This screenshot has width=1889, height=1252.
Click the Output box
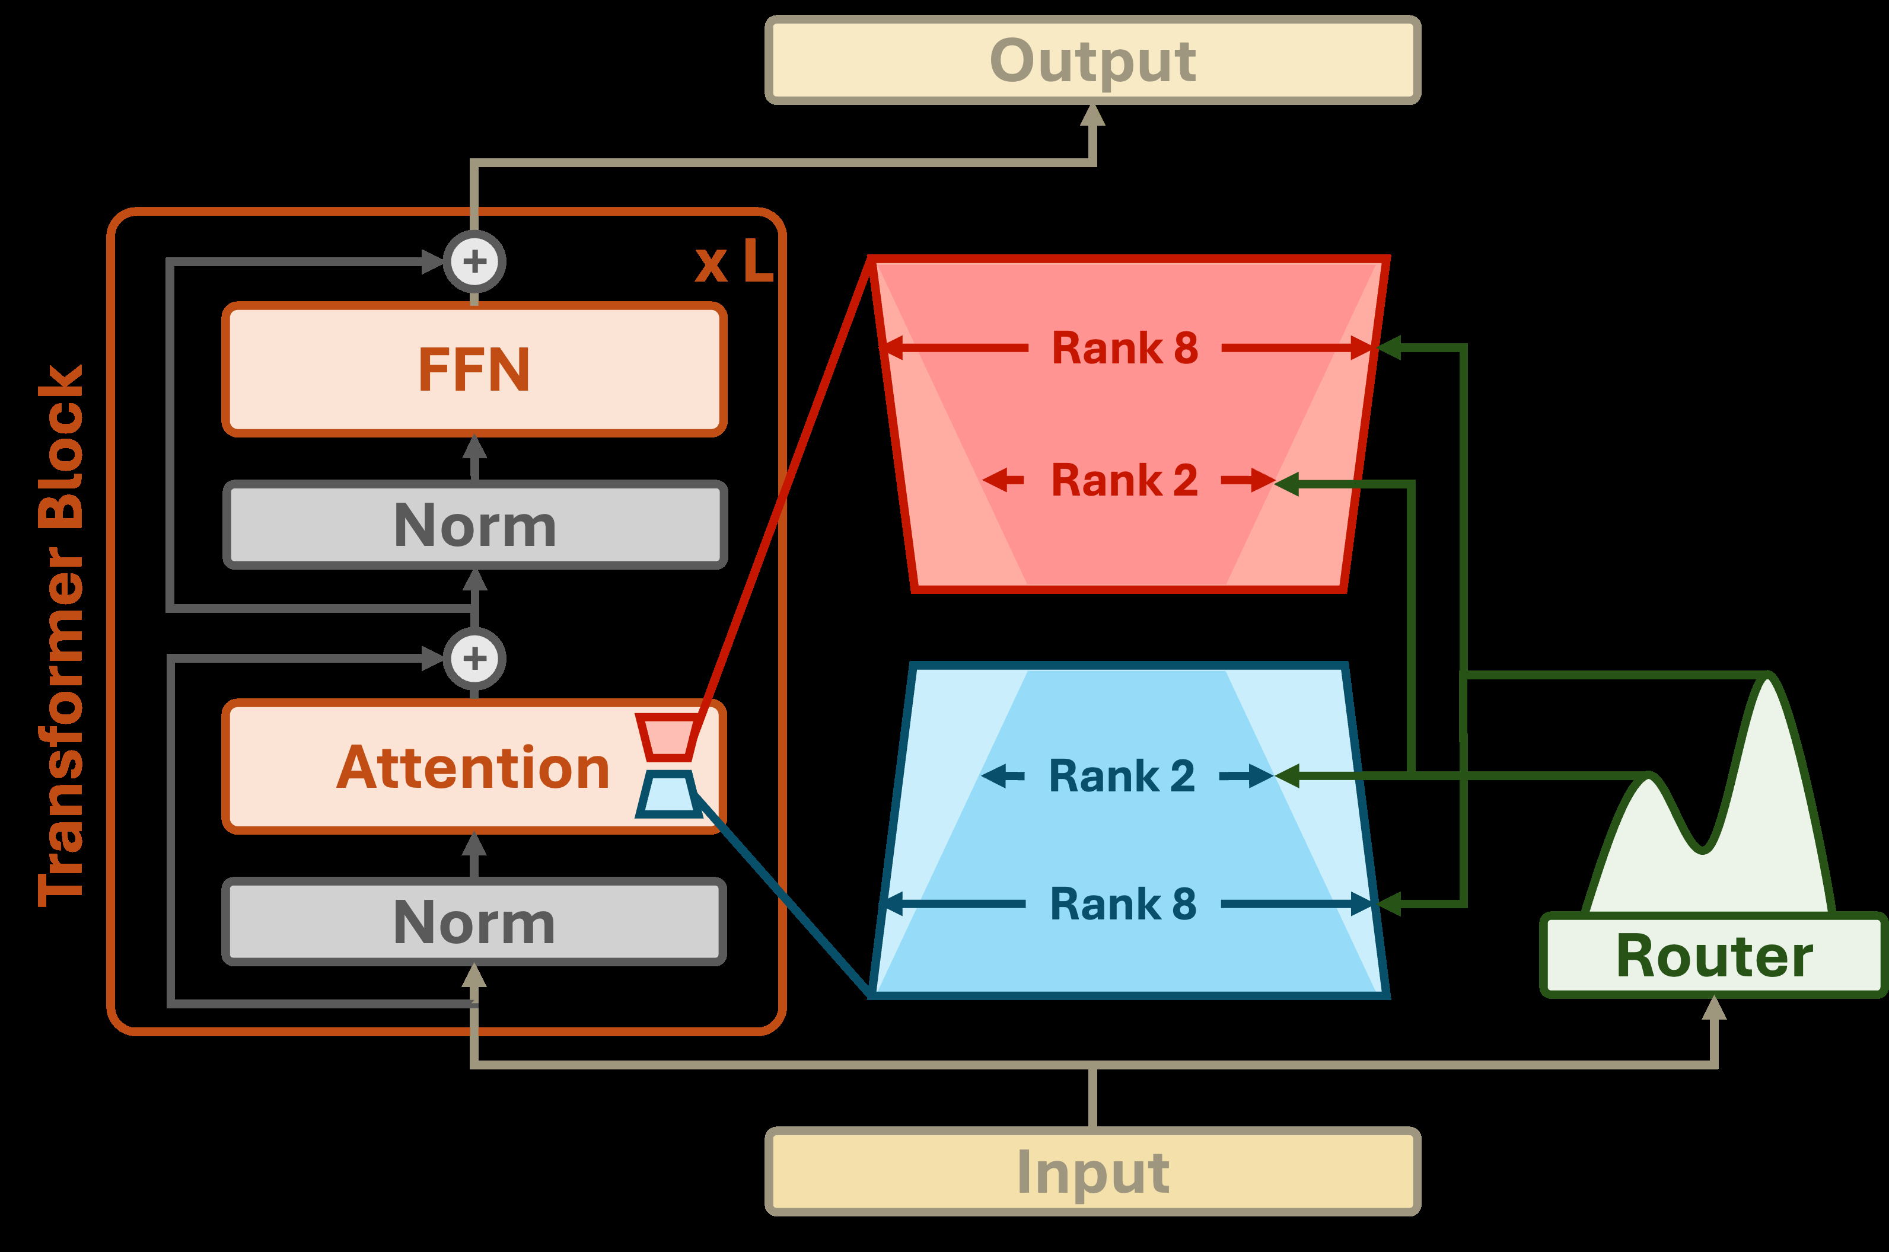pos(1092,60)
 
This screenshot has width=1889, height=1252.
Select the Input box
pos(1092,1171)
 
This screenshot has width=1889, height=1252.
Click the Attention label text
pos(473,767)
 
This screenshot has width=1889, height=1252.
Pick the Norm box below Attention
pos(474,921)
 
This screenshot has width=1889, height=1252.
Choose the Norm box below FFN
pos(474,525)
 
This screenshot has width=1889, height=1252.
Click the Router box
pos(1714,956)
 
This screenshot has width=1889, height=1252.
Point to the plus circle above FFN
pos(474,261)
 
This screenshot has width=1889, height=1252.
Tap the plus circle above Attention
pos(474,659)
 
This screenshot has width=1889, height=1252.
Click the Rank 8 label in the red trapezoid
pos(1125,348)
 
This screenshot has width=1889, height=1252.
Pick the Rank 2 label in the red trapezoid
pos(1124,481)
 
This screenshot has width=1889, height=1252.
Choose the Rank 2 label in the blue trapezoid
pos(1122,776)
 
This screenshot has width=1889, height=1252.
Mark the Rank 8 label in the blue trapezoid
pos(1122,904)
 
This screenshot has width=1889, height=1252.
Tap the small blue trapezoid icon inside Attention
pos(668,794)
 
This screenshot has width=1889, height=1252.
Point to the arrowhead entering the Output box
pos(1092,116)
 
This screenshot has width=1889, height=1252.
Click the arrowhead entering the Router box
pos(1714,1008)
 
